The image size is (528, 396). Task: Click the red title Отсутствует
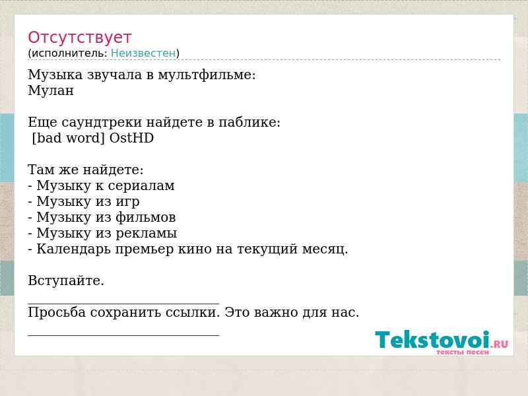pos(79,38)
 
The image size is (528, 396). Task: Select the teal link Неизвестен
pos(143,53)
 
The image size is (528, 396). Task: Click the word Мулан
pos(51,90)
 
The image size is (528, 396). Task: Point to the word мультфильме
pos(207,75)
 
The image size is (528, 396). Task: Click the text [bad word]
pos(68,139)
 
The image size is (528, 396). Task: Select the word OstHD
pos(131,138)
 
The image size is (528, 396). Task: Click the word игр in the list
pos(127,202)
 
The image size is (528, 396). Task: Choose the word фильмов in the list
pos(146,218)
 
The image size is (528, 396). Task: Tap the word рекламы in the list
pos(147,234)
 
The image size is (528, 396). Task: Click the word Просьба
pos(57,312)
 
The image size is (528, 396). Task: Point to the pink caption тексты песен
pos(463,352)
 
